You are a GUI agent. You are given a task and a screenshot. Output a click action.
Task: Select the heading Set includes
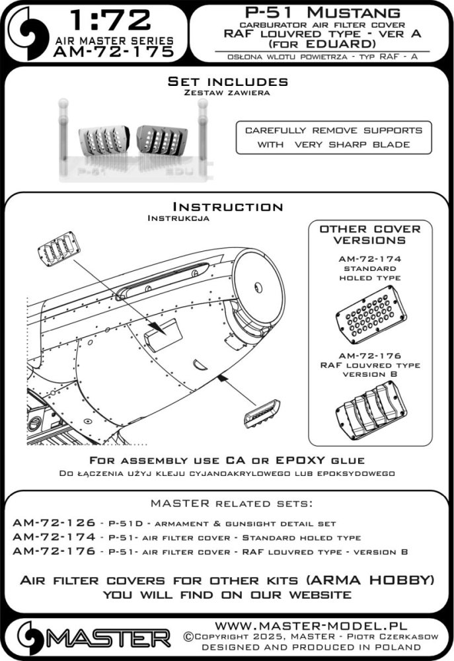[227, 81]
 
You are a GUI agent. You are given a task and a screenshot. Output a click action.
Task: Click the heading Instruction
[227, 206]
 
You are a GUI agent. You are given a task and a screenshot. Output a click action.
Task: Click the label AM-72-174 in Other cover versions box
[370, 260]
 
